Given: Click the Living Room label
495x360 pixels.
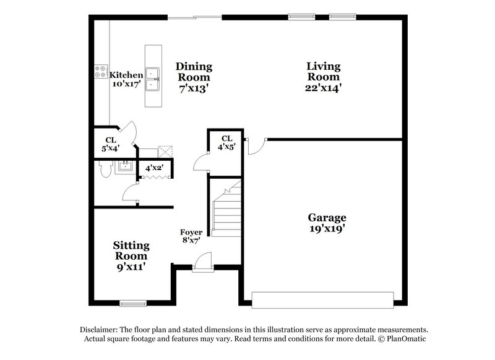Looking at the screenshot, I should click(323, 77).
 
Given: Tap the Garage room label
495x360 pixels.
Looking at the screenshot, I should click(327, 223).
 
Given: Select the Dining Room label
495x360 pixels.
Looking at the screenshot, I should click(194, 77).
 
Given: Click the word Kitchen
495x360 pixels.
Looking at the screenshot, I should click(126, 75).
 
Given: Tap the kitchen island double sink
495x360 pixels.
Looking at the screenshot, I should click(152, 77).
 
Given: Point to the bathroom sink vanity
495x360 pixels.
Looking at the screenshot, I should click(126, 166).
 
